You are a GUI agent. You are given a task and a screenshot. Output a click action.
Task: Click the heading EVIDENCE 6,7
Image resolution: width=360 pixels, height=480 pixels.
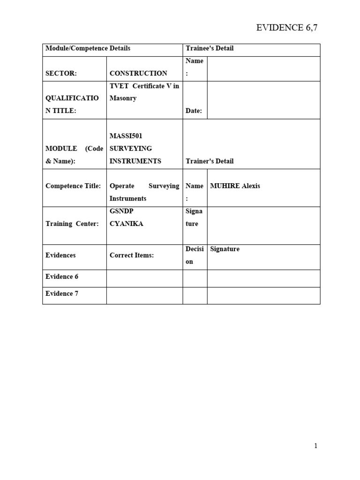pyautogui.click(x=287, y=28)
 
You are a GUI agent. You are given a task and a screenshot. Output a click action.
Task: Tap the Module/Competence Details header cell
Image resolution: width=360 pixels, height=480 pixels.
pyautogui.click(x=88, y=48)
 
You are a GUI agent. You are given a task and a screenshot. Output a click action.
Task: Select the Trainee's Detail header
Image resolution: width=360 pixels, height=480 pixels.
pyautogui.click(x=210, y=48)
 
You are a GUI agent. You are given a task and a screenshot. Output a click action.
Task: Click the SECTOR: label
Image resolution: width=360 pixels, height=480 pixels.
pyautogui.click(x=61, y=73)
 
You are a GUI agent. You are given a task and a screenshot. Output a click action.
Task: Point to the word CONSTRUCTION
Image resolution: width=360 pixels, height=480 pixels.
pyautogui.click(x=138, y=73)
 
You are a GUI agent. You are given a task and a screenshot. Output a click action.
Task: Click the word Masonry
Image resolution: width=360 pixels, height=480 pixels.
pyautogui.click(x=123, y=98)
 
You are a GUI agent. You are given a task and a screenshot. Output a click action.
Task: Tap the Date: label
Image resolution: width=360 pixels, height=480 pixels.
pyautogui.click(x=194, y=111)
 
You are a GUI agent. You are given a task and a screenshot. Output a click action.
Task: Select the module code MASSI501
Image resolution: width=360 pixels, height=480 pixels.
pyautogui.click(x=126, y=136)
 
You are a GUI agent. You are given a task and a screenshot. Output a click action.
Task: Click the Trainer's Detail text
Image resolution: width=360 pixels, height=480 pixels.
pyautogui.click(x=210, y=161)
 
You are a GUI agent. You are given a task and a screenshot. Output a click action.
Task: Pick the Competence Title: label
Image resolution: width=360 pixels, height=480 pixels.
pyautogui.click(x=73, y=186)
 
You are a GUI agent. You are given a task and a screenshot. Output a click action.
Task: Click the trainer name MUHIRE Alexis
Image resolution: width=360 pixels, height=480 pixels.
pyautogui.click(x=235, y=186)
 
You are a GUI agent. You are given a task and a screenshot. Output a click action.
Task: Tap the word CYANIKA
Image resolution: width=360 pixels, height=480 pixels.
pyautogui.click(x=126, y=224)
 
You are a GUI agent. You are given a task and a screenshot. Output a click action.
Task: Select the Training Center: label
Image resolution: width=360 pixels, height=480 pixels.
pyautogui.click(x=72, y=224)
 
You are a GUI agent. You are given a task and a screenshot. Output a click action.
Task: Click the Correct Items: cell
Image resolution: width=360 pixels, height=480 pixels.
pyautogui.click(x=132, y=255)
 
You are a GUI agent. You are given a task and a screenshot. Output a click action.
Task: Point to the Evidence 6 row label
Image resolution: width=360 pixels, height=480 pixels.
pyautogui.click(x=62, y=277)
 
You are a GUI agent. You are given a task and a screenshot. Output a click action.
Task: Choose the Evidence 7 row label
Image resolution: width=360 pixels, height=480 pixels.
pyautogui.click(x=62, y=293)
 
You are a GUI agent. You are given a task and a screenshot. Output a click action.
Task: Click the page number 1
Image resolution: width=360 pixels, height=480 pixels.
pyautogui.click(x=316, y=446)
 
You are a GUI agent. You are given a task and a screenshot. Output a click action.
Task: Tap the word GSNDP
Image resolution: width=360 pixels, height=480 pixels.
pyautogui.click(x=121, y=211)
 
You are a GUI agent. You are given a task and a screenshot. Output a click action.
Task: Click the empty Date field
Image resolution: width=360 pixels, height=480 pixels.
pyautogui.click(x=263, y=100)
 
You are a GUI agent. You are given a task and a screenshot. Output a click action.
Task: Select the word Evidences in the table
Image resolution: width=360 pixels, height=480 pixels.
pyautogui.click(x=60, y=255)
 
